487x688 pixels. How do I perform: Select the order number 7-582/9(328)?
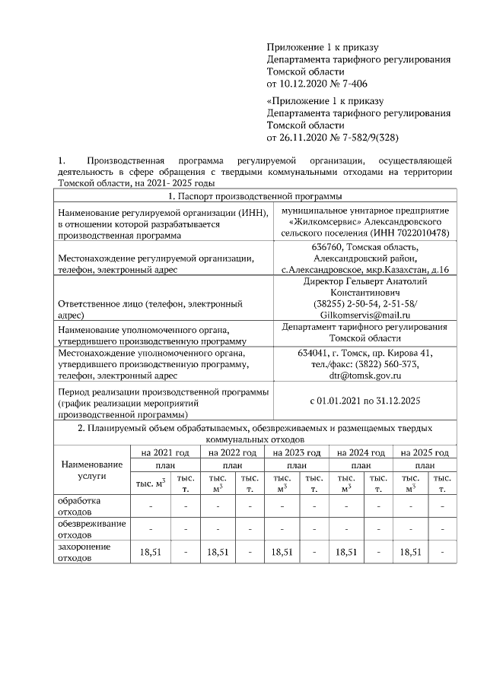(x=364, y=138)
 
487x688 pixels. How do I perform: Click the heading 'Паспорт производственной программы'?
(x=256, y=197)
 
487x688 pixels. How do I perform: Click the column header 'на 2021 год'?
(x=164, y=452)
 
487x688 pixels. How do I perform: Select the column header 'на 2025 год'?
(x=424, y=452)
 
